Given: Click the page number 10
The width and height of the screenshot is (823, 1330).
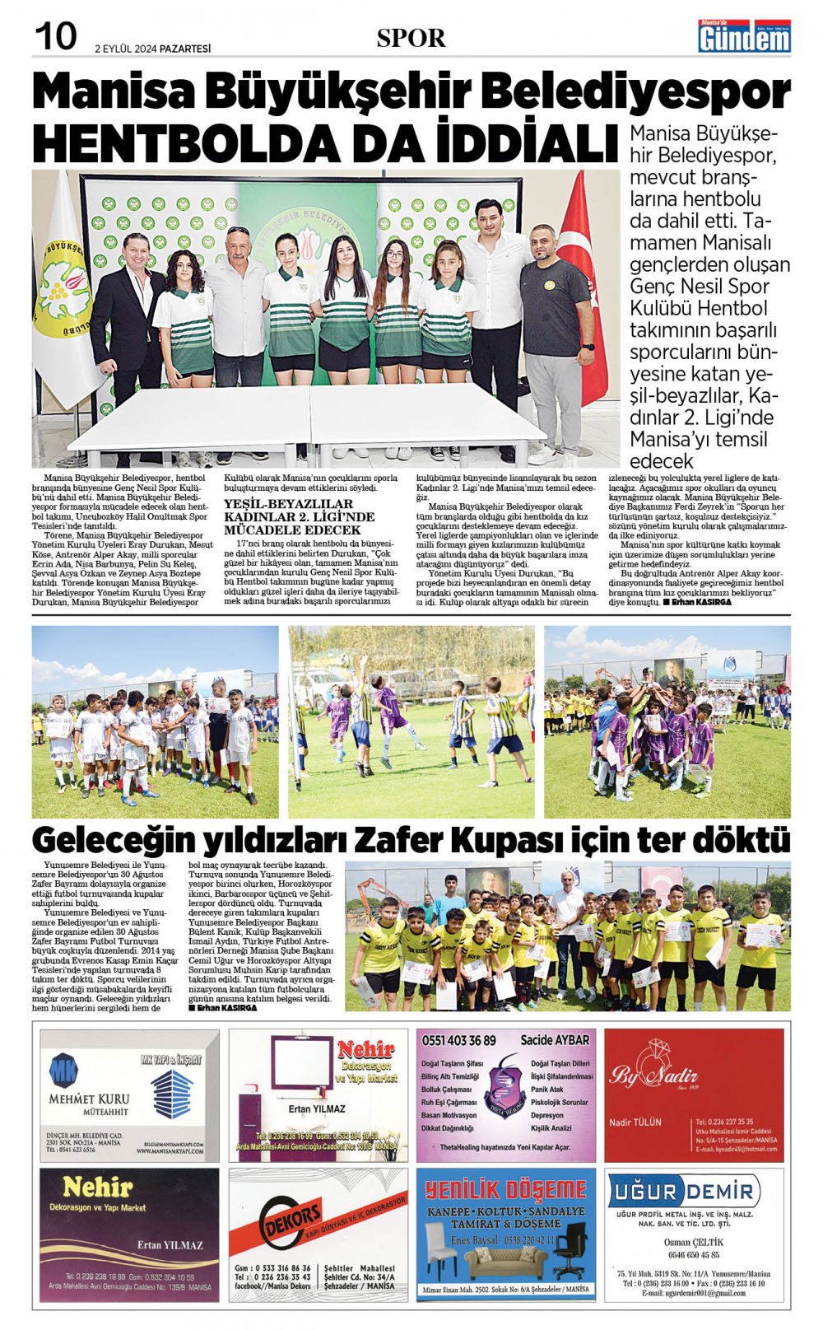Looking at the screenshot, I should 55,36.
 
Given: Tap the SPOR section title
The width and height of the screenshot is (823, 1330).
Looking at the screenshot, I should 411,38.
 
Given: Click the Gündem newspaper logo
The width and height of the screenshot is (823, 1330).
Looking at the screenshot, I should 744,37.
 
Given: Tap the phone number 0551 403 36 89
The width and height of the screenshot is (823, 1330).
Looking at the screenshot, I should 459,1041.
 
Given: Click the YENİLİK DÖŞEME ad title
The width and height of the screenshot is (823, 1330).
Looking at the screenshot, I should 505,1190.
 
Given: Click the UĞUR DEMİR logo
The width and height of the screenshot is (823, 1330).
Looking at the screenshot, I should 683,1191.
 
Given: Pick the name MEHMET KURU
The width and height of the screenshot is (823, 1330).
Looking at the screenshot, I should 89,1099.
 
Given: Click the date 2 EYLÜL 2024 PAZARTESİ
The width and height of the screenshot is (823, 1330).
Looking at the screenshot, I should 152,49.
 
